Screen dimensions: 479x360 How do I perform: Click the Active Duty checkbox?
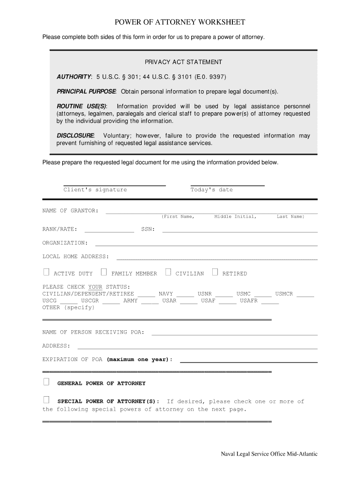point(46,272)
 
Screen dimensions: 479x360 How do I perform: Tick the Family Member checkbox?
point(104,272)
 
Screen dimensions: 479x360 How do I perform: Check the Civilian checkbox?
point(168,272)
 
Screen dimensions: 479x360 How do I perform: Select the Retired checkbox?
point(215,272)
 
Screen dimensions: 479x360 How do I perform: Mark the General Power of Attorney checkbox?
point(46,382)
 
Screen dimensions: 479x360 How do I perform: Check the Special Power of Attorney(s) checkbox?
point(46,400)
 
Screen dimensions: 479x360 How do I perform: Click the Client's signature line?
point(115,185)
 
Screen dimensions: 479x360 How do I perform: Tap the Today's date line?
point(228,185)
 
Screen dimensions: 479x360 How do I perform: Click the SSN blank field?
point(240,231)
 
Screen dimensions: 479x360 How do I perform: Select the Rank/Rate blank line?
point(109,231)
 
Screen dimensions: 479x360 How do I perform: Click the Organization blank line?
point(206,245)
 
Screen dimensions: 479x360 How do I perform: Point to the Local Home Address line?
point(217,258)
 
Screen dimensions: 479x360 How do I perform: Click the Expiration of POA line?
point(249,362)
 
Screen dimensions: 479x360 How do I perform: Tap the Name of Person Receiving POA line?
point(234,334)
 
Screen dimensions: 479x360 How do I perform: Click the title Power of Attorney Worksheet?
point(180,22)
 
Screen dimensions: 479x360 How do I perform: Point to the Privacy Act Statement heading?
point(183,62)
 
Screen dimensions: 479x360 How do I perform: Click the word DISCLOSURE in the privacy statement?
point(75,136)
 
